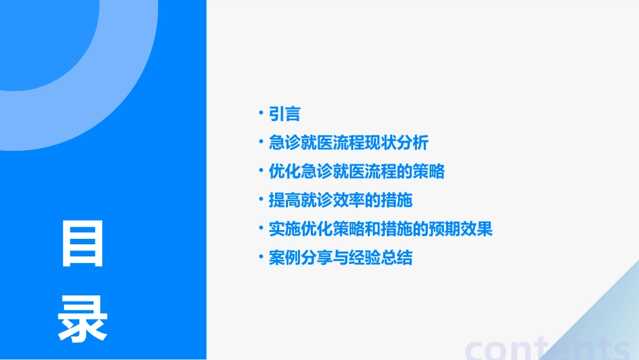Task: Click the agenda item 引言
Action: [x=284, y=114]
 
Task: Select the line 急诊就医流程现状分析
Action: [x=348, y=143]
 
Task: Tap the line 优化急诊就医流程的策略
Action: [x=356, y=172]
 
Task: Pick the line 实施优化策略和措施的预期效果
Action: [x=380, y=229]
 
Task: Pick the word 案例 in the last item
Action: [x=284, y=258]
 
